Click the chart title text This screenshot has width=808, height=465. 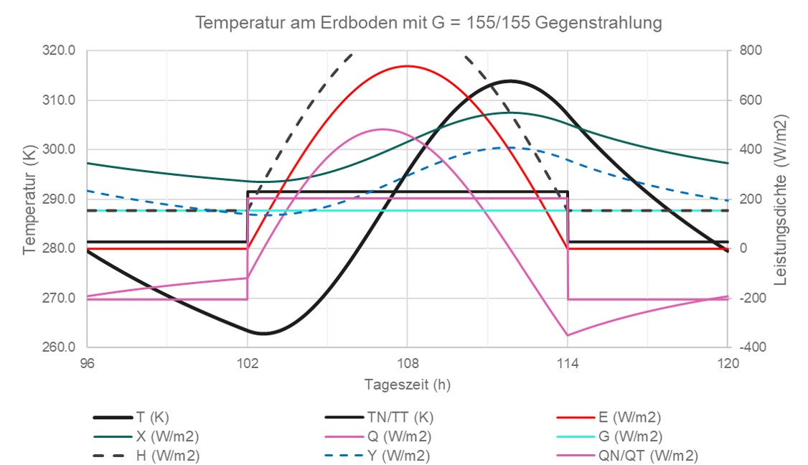click(x=428, y=23)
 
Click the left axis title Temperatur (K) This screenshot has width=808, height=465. click(x=29, y=199)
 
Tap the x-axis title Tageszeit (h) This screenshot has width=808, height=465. click(x=407, y=384)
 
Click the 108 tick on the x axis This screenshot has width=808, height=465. click(x=408, y=363)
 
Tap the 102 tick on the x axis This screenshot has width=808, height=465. click(x=247, y=363)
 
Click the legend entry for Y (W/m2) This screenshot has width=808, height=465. click(x=398, y=456)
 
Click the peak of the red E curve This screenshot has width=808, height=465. click(x=408, y=66)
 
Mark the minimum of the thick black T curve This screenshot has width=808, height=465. click(x=263, y=334)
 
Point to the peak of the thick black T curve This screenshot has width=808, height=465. click(x=511, y=81)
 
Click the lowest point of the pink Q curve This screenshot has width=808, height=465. click(x=568, y=335)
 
